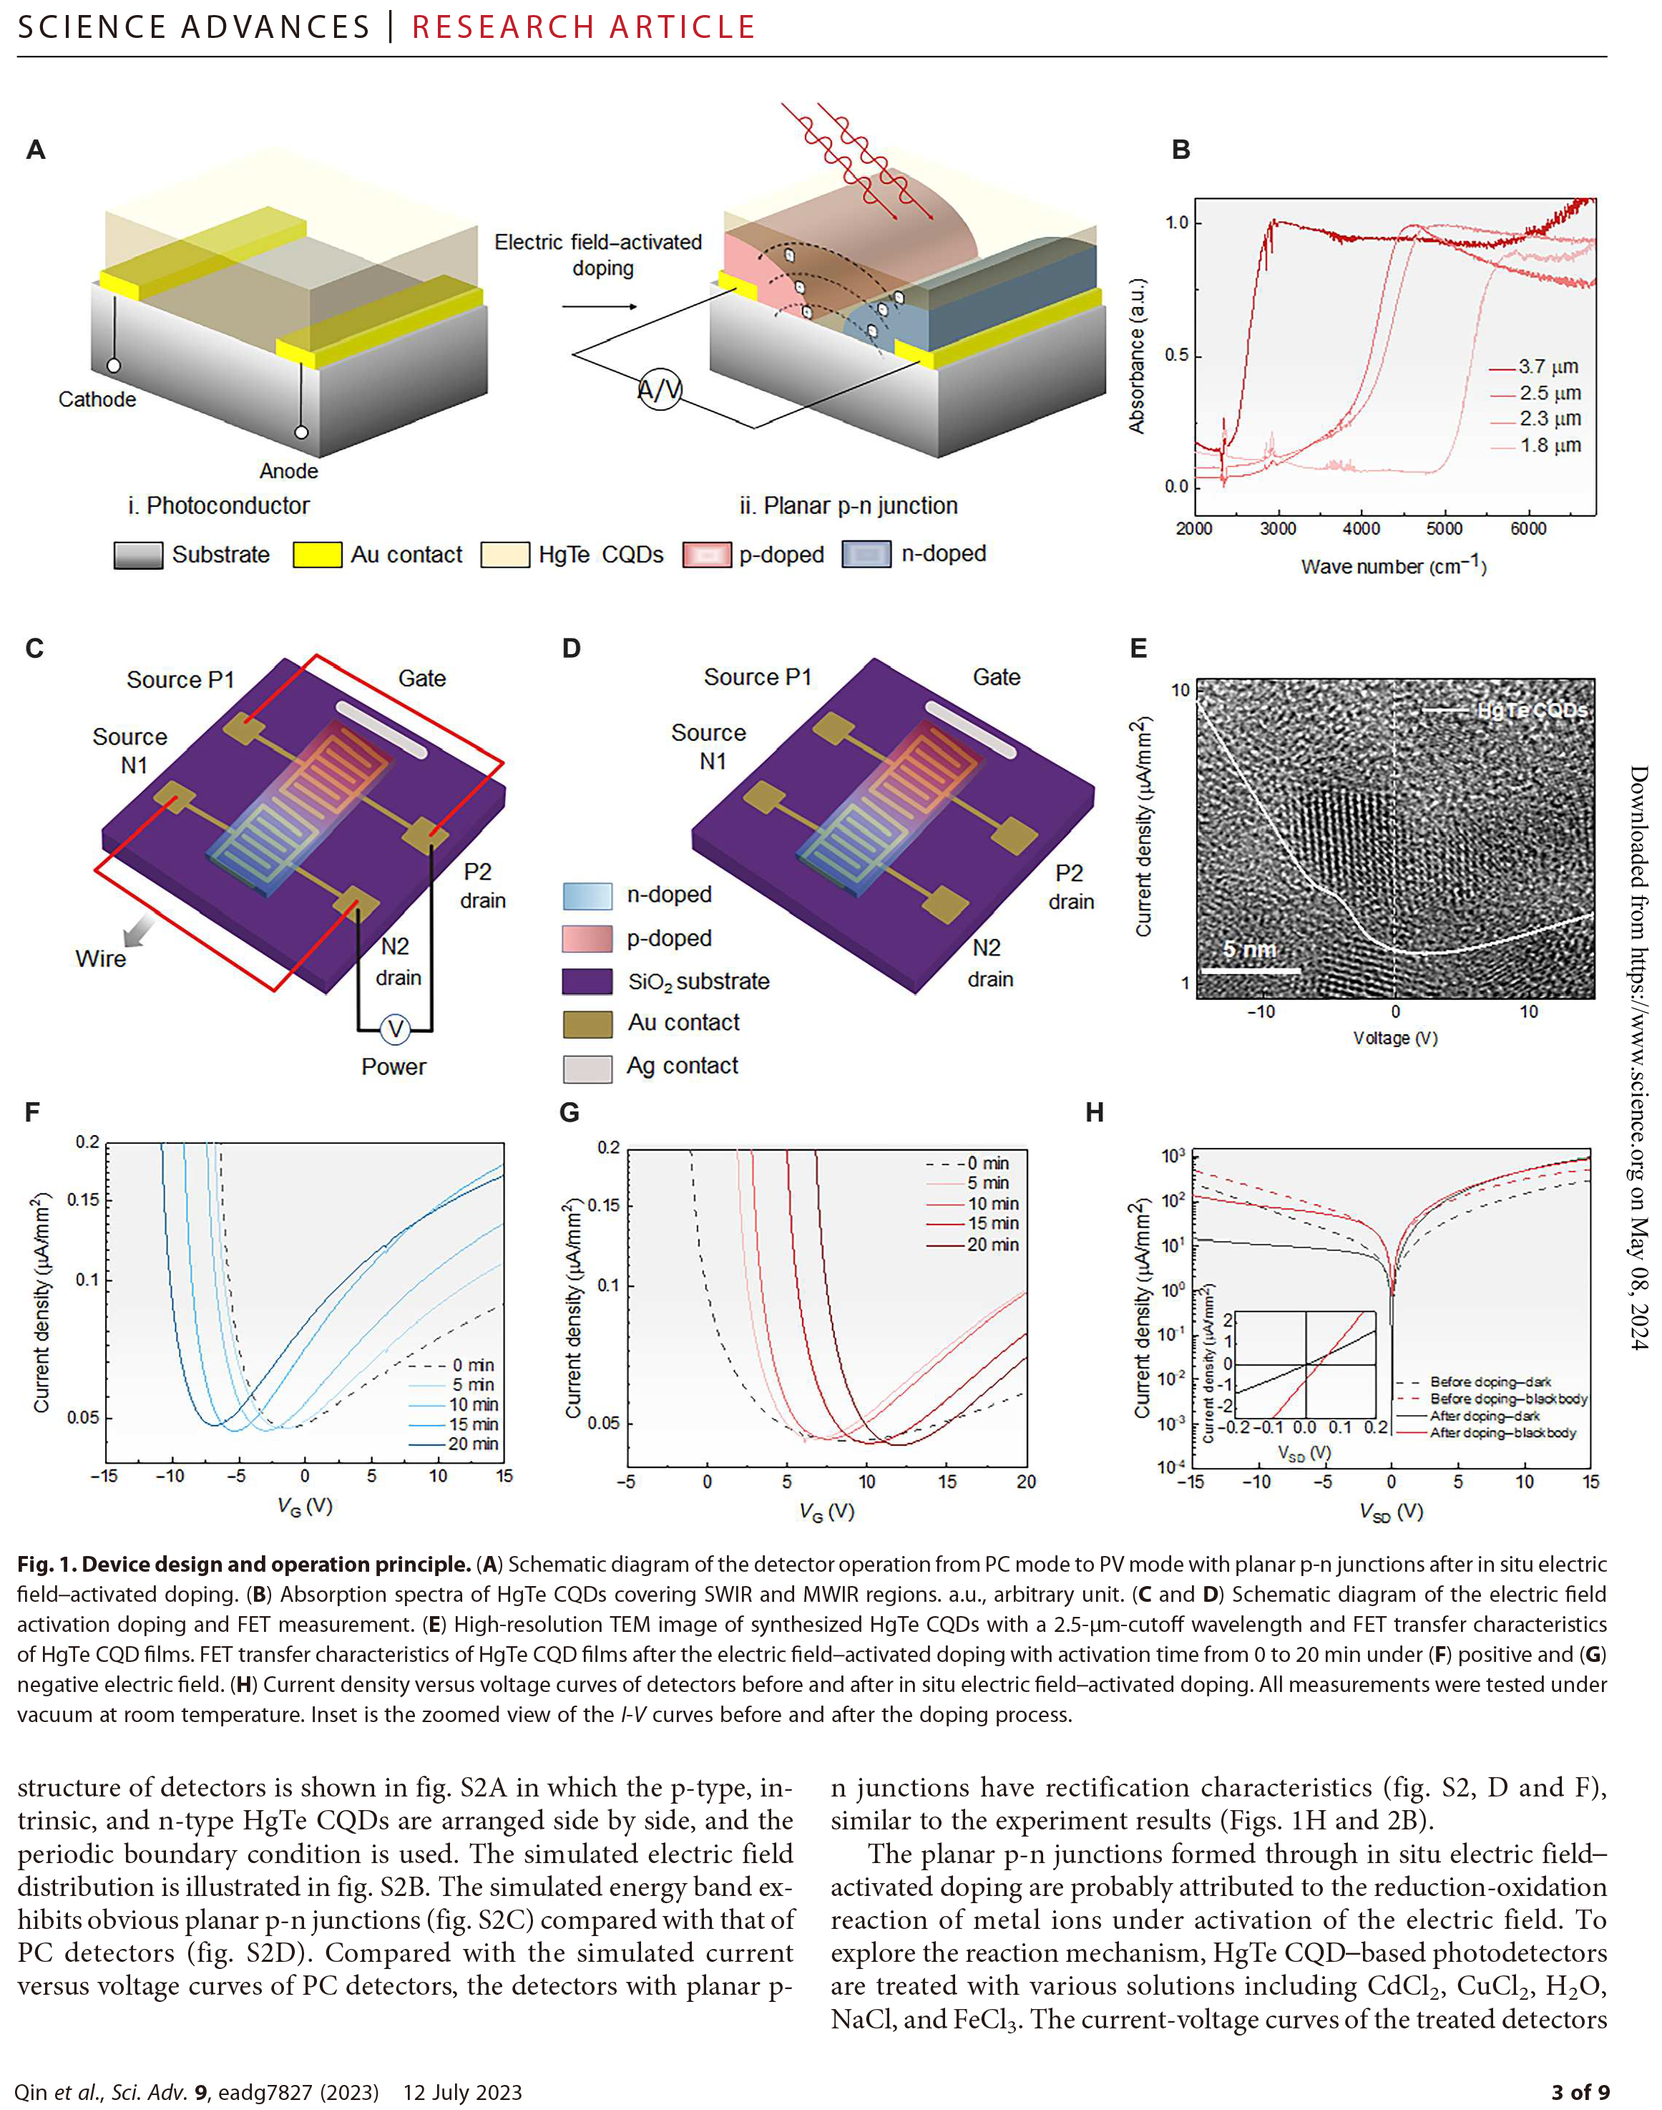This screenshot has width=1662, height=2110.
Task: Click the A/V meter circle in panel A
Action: tap(660, 389)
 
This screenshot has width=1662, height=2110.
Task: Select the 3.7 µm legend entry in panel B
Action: tap(1548, 367)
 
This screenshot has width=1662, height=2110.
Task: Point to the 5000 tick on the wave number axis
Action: tap(1444, 528)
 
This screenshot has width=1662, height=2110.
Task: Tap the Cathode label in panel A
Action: tap(97, 399)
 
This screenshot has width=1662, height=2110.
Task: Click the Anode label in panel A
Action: tap(288, 471)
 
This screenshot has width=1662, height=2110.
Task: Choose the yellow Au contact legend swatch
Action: tap(317, 555)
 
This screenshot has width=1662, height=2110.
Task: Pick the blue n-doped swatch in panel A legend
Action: tap(866, 555)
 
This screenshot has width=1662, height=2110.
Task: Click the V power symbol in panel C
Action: tap(395, 1029)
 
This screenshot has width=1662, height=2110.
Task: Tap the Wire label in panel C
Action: tap(100, 958)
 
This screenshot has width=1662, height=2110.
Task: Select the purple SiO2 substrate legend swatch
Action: tap(587, 981)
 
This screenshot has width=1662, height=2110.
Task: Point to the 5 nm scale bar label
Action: tap(1249, 949)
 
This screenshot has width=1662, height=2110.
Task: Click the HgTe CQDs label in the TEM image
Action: tap(1532, 711)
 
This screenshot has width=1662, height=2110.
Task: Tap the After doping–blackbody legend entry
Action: tap(1502, 1433)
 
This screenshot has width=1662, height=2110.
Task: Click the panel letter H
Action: tap(1095, 1112)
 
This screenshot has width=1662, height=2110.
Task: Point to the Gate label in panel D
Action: tap(997, 677)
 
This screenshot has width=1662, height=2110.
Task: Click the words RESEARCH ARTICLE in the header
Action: tap(583, 27)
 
